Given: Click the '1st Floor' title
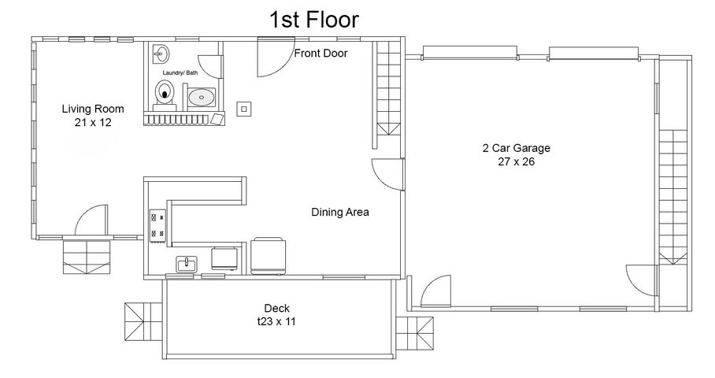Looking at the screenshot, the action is pos(314,20).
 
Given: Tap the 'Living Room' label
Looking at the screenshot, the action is pos(93,109).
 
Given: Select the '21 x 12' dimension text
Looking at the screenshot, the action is pos(93,122).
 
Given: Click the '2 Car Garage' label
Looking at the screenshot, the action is pos(517,148).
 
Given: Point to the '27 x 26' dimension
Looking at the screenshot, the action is pos(517,161).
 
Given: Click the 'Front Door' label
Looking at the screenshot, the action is pos(320,54).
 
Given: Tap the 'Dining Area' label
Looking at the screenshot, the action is pos(340,212).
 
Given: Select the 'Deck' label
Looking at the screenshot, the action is pos(277,308).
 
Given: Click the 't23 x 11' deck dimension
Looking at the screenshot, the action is pos(276,321).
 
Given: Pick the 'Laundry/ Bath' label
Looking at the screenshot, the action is pos(180,73).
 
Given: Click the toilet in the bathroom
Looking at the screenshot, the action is pos(165,94).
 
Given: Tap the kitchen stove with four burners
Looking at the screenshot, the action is pos(157,224).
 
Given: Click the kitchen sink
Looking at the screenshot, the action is pos(187,264).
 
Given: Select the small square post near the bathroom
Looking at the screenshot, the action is pos(244,109).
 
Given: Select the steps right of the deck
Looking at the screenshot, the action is pos(414,333).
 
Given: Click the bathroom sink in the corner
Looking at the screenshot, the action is pos(160,54).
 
